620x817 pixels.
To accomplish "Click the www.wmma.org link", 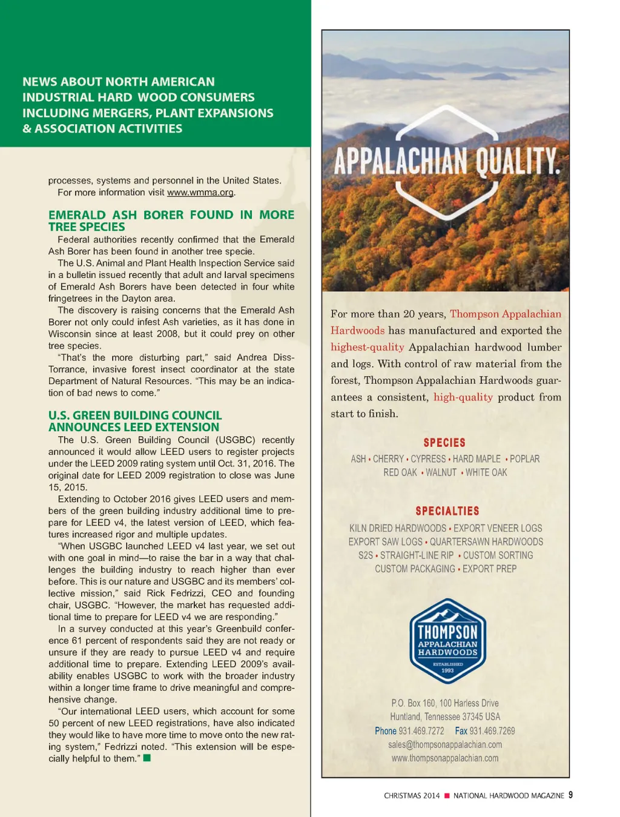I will pyautogui.click(x=200, y=193).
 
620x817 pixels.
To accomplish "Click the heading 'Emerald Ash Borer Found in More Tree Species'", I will pyautogui.click(x=171, y=220).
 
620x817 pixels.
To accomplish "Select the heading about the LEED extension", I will pyautogui.click(x=135, y=421).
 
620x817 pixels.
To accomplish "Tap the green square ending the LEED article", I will pyautogui.click(x=147, y=758).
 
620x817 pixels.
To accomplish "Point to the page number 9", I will pyautogui.click(x=570, y=795).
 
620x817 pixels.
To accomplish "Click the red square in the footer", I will pyautogui.click(x=447, y=796).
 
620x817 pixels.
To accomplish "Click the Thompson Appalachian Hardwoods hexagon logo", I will pyautogui.click(x=447, y=641).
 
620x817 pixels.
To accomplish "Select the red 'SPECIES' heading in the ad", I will pyautogui.click(x=444, y=443).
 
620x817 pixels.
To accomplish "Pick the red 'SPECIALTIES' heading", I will pyautogui.click(x=447, y=511).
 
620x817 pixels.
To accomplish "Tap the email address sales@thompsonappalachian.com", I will pyautogui.click(x=445, y=744).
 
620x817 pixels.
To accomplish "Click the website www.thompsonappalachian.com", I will pyautogui.click(x=445, y=758).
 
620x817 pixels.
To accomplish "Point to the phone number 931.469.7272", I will pyautogui.click(x=421, y=731).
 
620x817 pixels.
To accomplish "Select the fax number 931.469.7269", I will pyautogui.click(x=492, y=731).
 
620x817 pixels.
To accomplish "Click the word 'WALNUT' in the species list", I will pyautogui.click(x=441, y=472).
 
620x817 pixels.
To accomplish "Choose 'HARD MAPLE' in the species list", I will pyautogui.click(x=477, y=459).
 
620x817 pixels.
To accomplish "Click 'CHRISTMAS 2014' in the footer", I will pyautogui.click(x=412, y=796).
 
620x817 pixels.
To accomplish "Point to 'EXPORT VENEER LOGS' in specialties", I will pyautogui.click(x=498, y=528).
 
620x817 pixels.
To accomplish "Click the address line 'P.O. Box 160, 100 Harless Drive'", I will pyautogui.click(x=445, y=703).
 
